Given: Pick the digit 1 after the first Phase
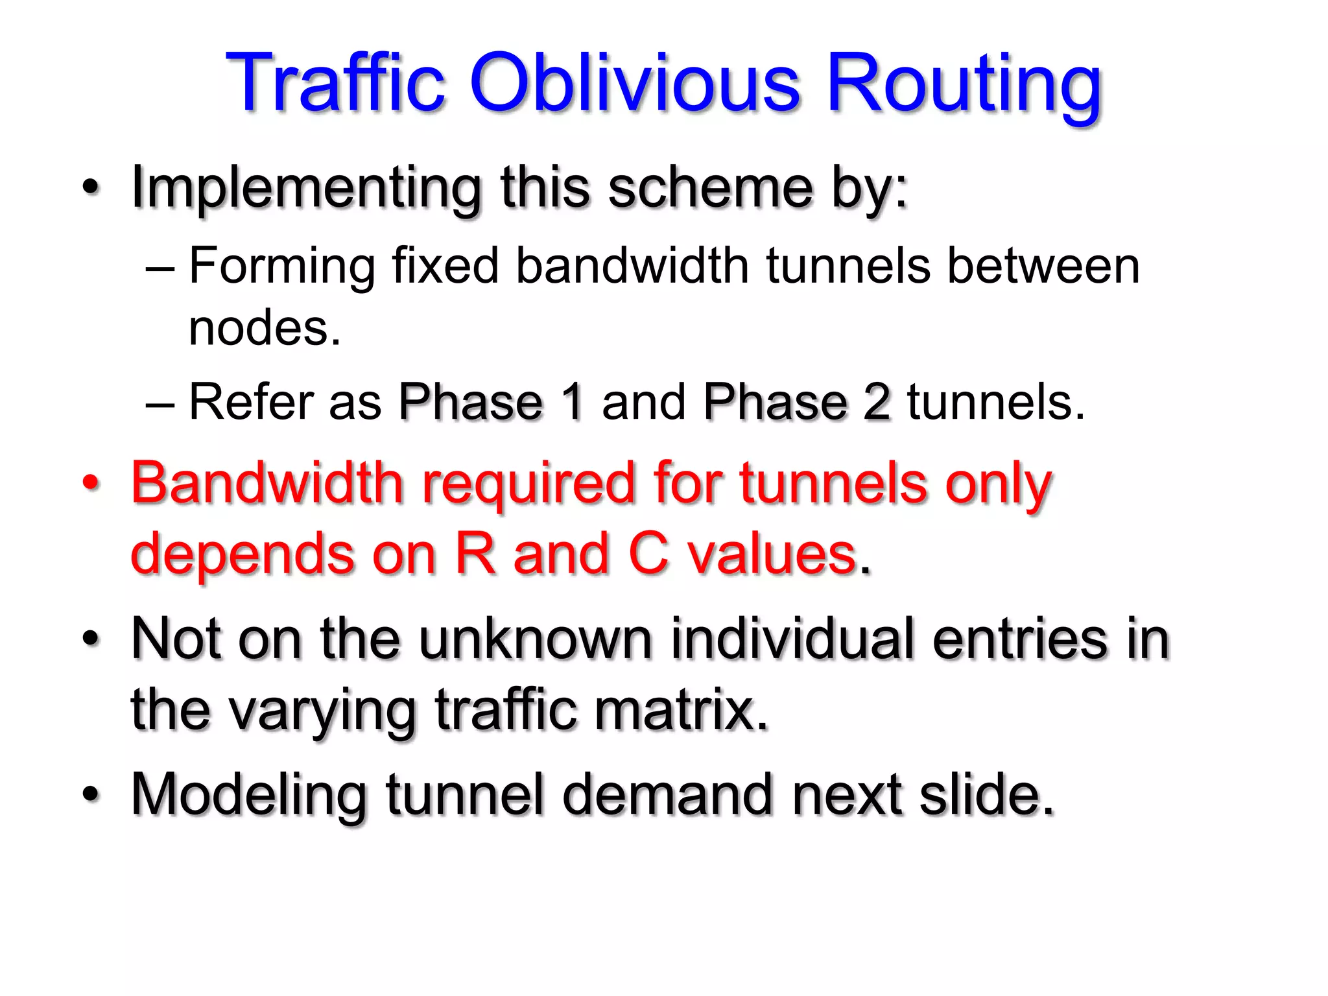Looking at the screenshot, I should (572, 402).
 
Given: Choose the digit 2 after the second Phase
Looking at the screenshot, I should (876, 402).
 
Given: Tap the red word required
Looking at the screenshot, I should (528, 485).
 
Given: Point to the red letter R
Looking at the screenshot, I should (475, 554).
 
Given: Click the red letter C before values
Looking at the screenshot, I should (648, 554).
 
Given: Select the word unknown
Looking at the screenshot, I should (535, 639).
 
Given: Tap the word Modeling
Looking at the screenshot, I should (249, 795).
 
